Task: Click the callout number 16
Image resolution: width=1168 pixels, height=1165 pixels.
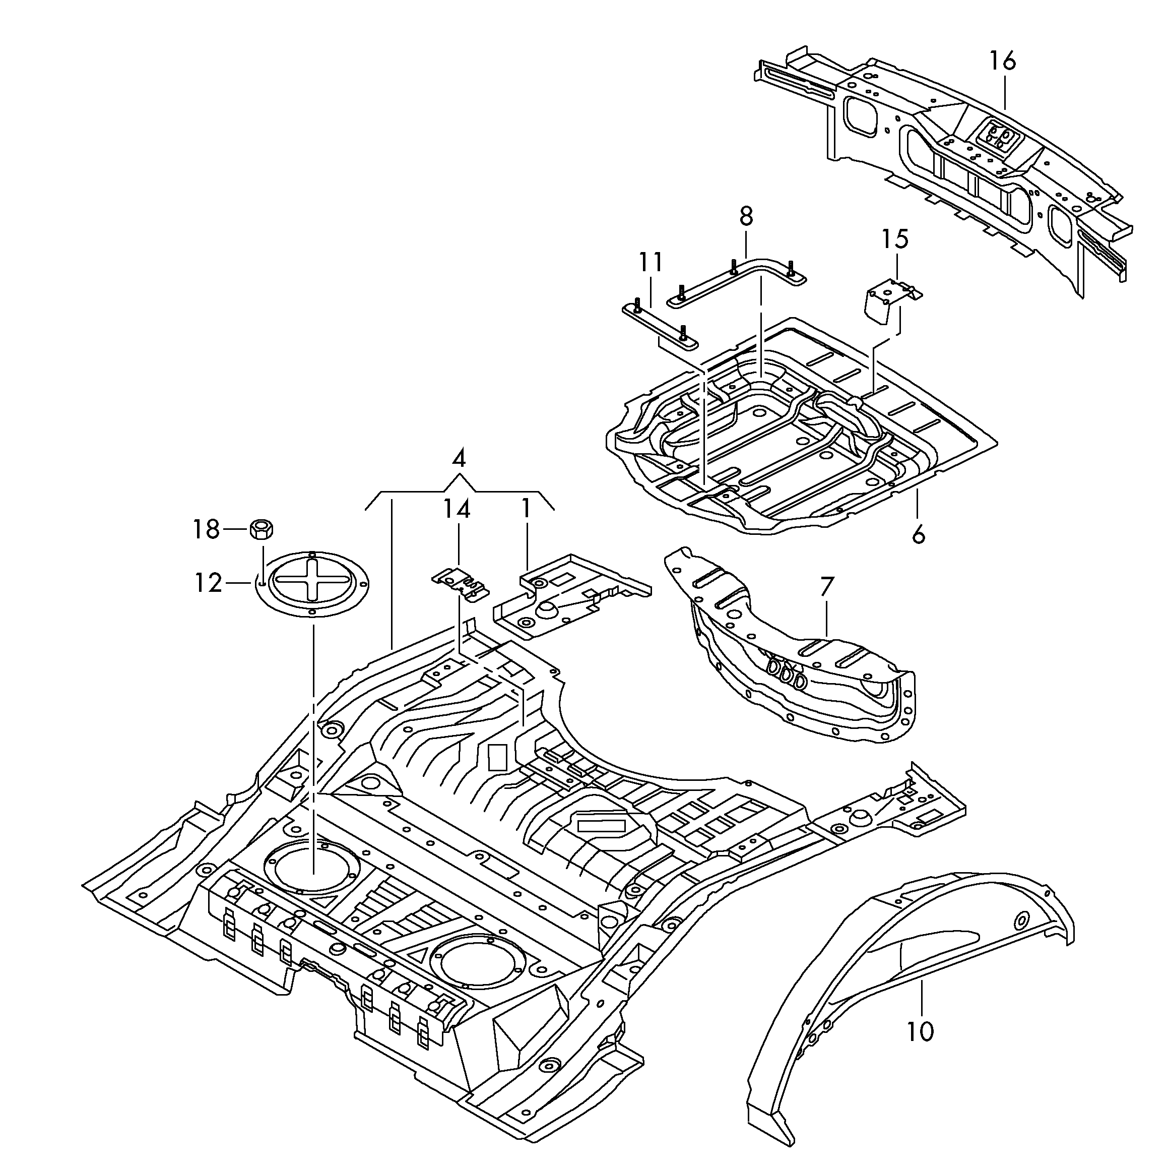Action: coord(1002,61)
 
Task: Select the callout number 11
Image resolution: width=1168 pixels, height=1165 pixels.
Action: coord(650,263)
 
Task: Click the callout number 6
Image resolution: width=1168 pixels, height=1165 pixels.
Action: coord(918,535)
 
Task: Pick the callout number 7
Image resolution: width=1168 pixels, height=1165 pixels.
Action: coord(826,587)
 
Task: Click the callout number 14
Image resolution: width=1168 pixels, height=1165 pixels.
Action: coord(457,509)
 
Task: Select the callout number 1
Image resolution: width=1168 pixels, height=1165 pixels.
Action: coord(526,509)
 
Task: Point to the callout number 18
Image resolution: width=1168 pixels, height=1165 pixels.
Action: coord(206,530)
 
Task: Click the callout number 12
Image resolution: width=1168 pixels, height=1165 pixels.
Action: coord(208,583)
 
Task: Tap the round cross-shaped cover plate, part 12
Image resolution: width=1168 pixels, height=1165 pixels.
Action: coord(312,585)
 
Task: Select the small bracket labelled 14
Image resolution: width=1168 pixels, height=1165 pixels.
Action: coord(461,583)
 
